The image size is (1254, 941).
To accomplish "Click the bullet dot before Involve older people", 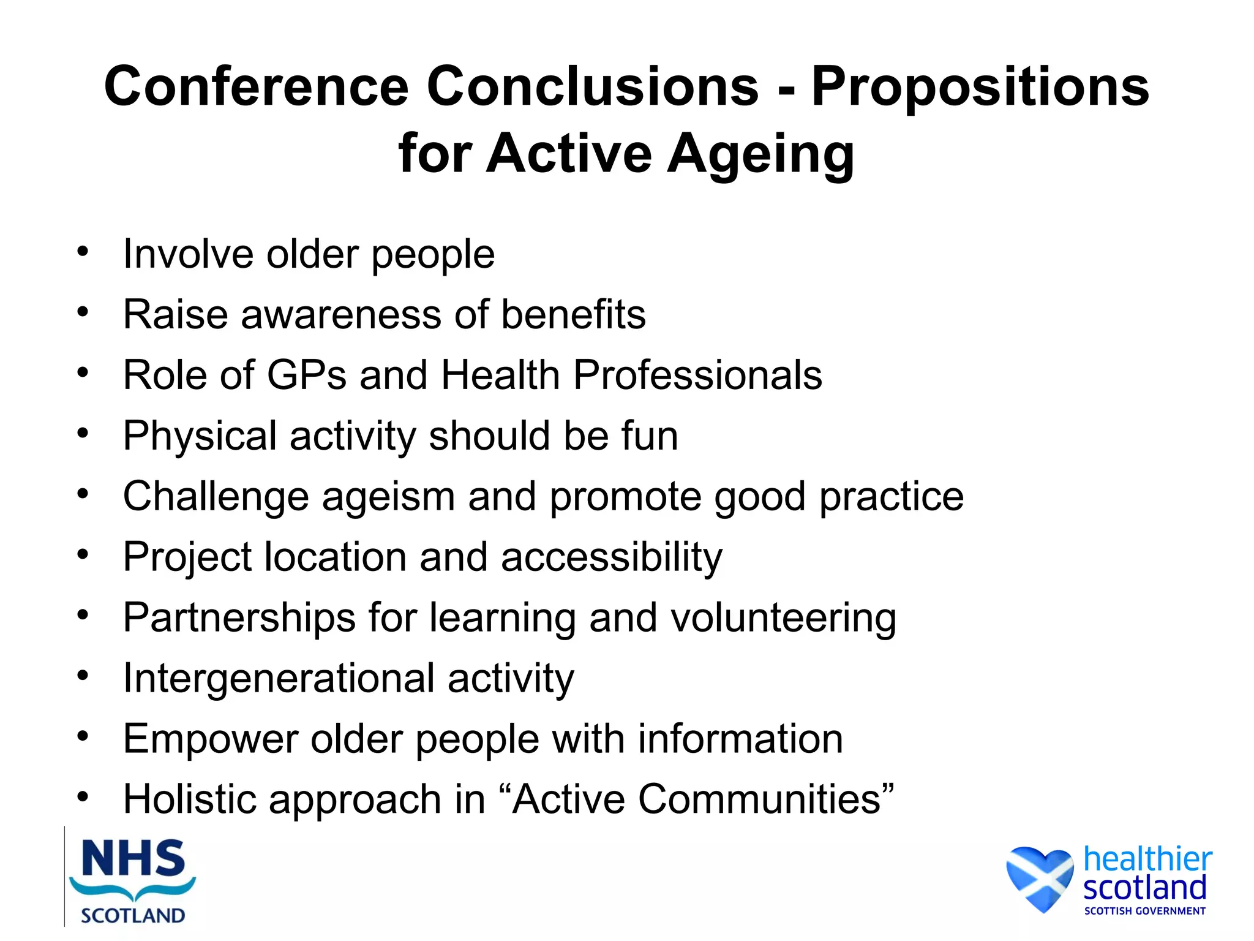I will pos(83,251).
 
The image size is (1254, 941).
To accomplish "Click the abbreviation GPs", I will pos(307,375).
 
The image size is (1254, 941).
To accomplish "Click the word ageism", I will pos(388,496).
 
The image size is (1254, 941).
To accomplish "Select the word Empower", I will pos(211,739).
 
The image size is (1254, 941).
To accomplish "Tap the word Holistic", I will pos(189,799).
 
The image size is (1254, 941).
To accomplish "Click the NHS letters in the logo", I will pos(133,859).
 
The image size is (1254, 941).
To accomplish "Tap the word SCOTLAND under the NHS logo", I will pos(133,916).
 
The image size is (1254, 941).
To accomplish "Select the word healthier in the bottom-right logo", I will pos(1147,859).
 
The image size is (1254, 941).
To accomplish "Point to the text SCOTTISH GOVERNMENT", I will pos(1144,911).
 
